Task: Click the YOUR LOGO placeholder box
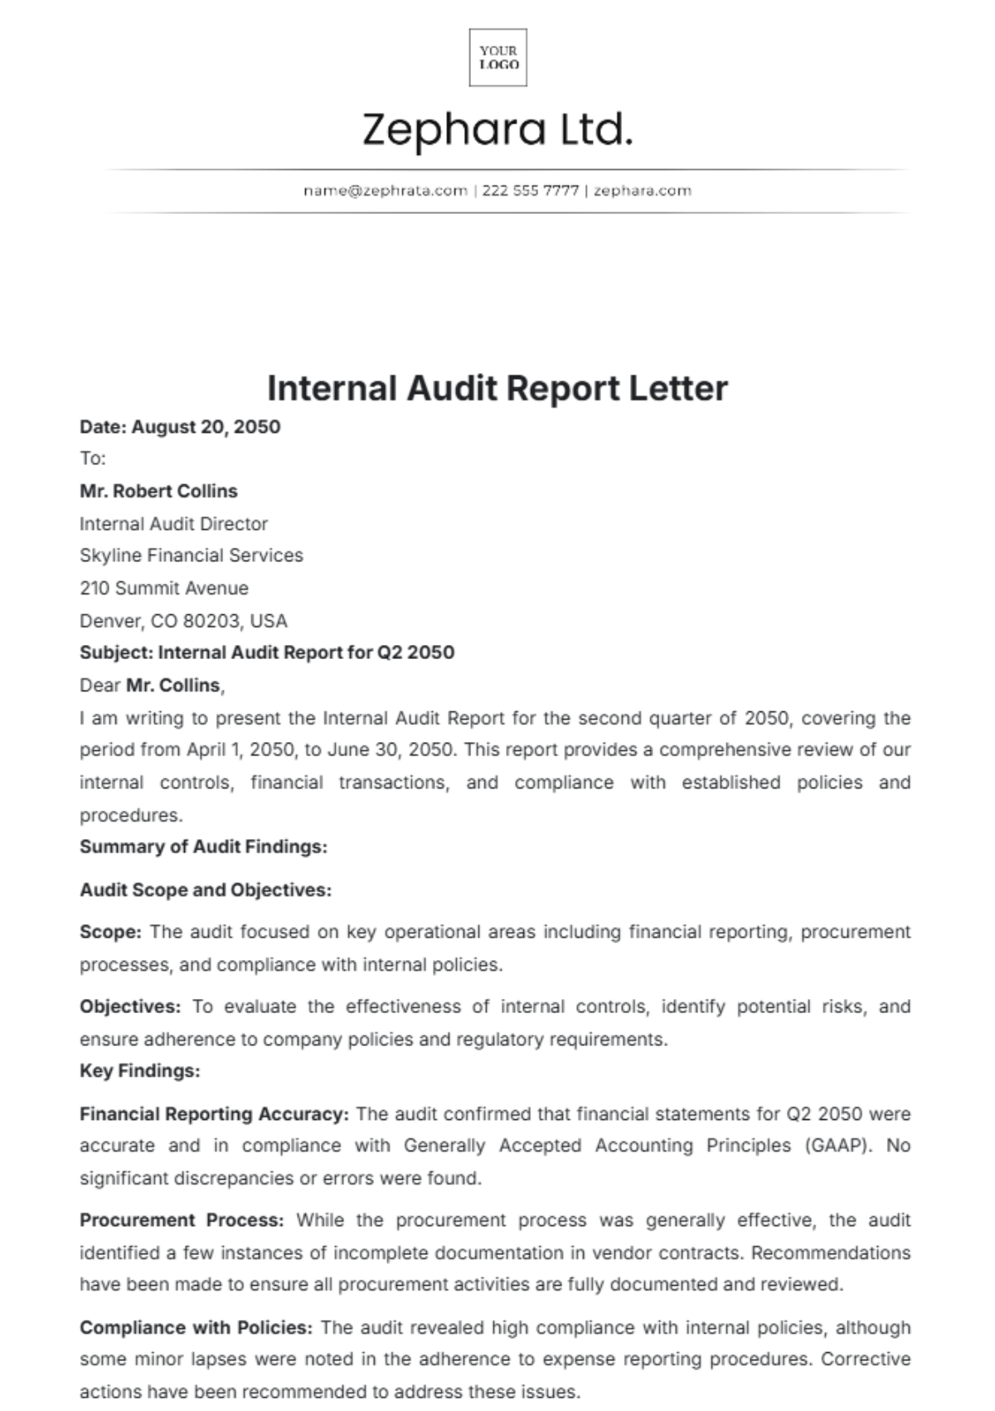click(498, 57)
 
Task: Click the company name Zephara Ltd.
click(498, 130)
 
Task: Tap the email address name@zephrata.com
click(385, 191)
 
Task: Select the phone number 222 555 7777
click(530, 191)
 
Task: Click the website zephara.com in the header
click(643, 191)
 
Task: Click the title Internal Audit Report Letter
click(498, 388)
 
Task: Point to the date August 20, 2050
click(206, 427)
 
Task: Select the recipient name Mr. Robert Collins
click(158, 491)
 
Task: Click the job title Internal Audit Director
click(173, 524)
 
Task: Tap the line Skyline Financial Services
click(191, 555)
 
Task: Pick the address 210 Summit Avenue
click(163, 589)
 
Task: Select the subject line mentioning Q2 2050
click(266, 652)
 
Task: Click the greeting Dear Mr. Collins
click(152, 686)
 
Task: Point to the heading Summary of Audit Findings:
click(203, 846)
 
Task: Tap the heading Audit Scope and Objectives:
click(205, 890)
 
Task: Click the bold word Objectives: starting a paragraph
click(129, 1006)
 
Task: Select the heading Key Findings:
click(139, 1071)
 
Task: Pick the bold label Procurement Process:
click(182, 1220)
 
